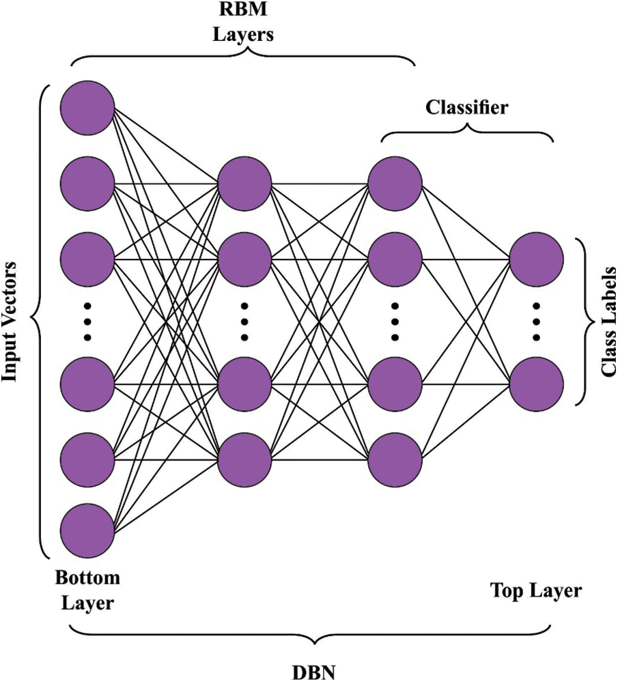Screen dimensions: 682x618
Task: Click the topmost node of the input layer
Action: click(87, 108)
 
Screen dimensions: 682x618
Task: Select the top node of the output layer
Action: click(536, 259)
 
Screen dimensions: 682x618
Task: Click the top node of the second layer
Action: click(244, 184)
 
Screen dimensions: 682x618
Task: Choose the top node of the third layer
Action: click(394, 184)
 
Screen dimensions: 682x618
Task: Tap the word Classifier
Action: click(466, 107)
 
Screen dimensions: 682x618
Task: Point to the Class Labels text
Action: click(606, 320)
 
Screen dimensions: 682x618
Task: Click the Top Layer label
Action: click(536, 591)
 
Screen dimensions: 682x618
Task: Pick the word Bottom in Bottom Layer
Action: click(87, 578)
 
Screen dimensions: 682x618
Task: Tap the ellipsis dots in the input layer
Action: click(87, 320)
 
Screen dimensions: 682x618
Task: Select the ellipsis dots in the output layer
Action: click(536, 320)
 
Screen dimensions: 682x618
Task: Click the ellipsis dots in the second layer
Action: click(244, 320)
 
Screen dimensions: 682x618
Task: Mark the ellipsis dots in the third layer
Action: click(394, 320)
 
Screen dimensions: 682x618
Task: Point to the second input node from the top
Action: click(87, 183)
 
